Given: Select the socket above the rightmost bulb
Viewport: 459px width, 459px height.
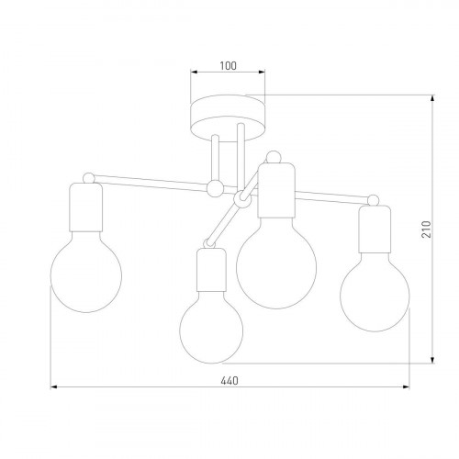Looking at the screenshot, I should coord(374,229).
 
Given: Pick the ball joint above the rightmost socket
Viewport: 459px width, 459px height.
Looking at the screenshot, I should coord(373,198).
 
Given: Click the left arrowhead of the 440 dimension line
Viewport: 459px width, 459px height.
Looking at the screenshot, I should coord(53,389).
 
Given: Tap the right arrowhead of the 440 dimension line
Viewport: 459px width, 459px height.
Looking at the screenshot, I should coord(406,389).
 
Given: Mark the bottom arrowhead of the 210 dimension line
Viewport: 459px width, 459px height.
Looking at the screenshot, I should coord(433,361).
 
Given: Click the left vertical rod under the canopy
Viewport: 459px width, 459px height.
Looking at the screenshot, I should coord(214,156).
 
